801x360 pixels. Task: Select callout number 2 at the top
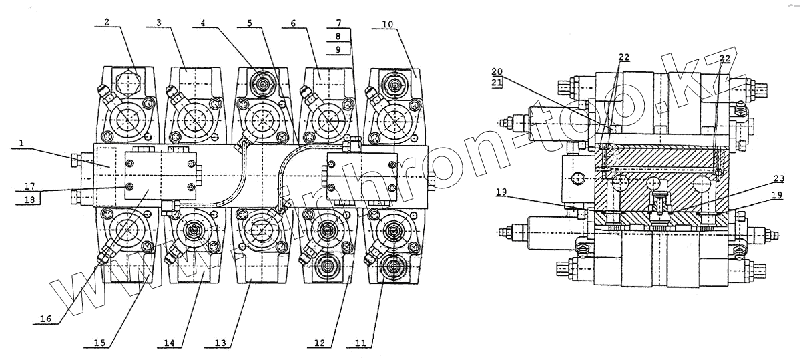[x=107, y=21]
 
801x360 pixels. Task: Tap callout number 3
[x=158, y=22]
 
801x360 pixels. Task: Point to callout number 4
[x=203, y=21]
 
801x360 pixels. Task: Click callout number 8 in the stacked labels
[x=339, y=36]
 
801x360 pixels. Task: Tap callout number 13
[x=220, y=343]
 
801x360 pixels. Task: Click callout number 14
[x=169, y=343]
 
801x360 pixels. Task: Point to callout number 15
[x=99, y=343]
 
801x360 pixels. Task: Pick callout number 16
[x=45, y=319]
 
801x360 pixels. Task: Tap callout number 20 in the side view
[x=497, y=71]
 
